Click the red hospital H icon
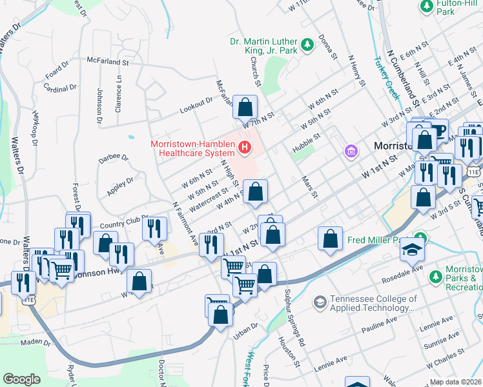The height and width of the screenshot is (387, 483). coord(244,148)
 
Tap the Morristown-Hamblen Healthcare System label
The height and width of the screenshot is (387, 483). coord(192,148)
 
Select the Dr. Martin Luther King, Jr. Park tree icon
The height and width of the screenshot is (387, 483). coord(308,44)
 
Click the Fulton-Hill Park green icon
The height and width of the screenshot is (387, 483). coord(426,6)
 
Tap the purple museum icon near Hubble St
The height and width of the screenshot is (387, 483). coord(351,151)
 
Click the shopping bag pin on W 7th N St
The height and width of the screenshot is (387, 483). coord(245,107)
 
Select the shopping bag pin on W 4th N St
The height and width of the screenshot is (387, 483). coord(256,192)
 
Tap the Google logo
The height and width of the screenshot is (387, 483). coord(22,379)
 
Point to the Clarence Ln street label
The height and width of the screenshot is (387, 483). coord(119,95)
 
